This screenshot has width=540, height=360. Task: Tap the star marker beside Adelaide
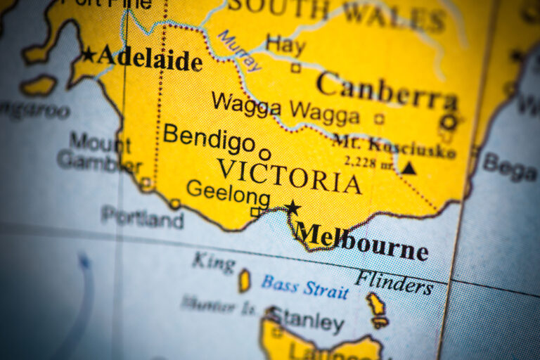pos(89,54)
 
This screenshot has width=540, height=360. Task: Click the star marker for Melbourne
pos(292,207)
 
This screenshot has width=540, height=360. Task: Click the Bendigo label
pos(209,138)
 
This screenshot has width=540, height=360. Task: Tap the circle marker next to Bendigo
pos(264,154)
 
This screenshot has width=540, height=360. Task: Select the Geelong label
pos(228,192)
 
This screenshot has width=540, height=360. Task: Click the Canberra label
pos(386,91)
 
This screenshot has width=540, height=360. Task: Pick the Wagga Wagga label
pos(285,108)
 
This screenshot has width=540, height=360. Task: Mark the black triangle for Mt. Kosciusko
pos(409,167)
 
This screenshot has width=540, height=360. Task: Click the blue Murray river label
pos(240,51)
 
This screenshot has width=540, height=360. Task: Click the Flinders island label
pos(394,281)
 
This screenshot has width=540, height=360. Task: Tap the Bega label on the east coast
pos(510,167)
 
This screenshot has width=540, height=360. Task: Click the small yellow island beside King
pos(245,281)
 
